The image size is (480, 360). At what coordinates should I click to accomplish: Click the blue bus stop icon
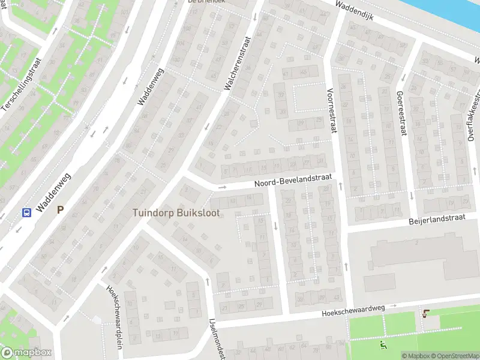26,211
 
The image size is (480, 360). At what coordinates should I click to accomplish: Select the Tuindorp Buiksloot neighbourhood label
176,213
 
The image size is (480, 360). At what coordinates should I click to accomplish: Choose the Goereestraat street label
400,113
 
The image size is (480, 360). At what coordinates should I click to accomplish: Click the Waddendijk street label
354,10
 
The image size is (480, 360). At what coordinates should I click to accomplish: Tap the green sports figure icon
383,345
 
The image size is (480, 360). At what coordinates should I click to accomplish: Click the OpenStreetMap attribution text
457,356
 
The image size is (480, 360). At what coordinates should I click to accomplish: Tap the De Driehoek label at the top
198,2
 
